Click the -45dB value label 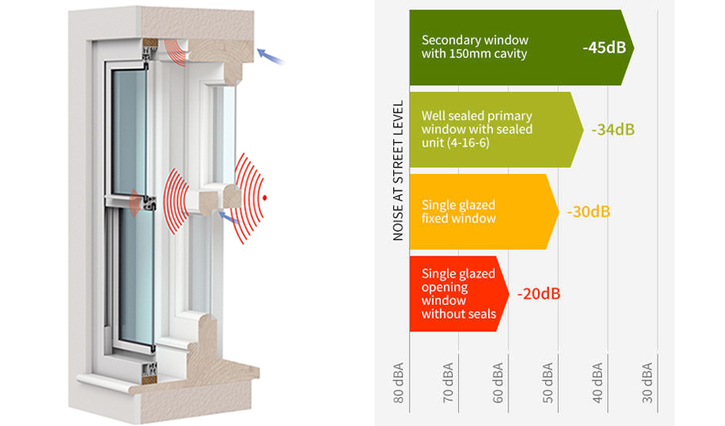click(604, 48)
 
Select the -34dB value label click(612, 130)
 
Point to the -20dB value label click(538, 294)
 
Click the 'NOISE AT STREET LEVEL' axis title click(398, 170)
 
